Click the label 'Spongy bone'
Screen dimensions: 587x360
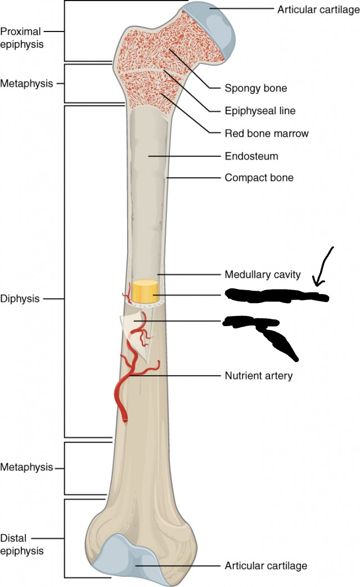255,88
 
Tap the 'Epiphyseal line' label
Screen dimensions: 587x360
260,111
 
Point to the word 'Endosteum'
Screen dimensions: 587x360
251,156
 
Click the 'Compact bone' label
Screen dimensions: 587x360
259,178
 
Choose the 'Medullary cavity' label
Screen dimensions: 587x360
263,275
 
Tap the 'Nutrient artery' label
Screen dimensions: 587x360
259,376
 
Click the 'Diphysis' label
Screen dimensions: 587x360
20,299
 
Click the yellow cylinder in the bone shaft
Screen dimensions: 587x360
145,291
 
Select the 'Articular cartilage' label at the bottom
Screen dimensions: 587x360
266,566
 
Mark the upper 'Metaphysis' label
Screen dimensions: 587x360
26,84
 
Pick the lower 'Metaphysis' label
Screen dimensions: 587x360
26,467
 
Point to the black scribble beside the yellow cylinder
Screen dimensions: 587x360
276,295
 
